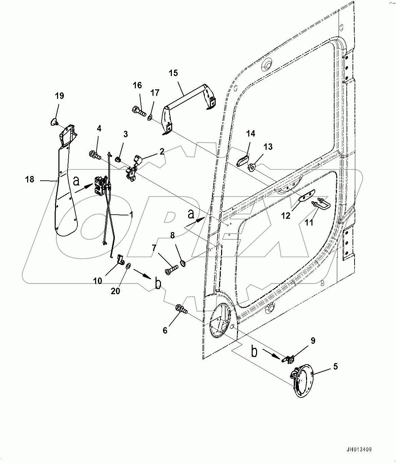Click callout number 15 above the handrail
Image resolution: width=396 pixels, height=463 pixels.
(x=173, y=73)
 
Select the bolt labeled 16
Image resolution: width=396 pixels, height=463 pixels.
(x=139, y=110)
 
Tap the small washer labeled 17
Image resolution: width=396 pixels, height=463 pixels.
(x=150, y=118)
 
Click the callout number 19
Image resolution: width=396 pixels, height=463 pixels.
(x=59, y=96)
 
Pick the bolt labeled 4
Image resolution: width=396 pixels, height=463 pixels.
(x=95, y=156)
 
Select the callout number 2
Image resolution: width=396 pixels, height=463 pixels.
(x=162, y=151)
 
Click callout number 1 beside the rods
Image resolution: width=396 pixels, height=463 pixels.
(x=131, y=215)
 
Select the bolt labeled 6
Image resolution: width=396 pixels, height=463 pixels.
(x=181, y=309)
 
